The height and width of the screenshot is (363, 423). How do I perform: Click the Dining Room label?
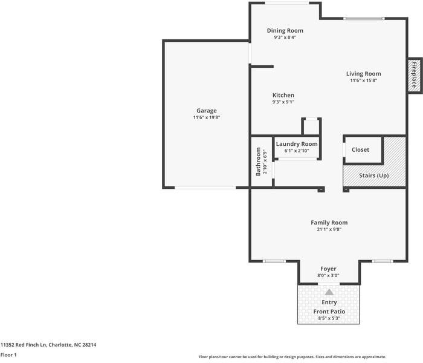click(x=285, y=30)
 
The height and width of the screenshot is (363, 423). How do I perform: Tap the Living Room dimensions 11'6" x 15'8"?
click(x=363, y=80)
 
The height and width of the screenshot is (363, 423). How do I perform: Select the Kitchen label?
click(x=283, y=95)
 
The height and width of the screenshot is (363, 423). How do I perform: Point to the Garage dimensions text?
click(x=207, y=117)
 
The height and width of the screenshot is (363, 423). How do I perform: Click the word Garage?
click(x=207, y=111)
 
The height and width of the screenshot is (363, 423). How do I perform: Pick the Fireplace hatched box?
click(x=415, y=76)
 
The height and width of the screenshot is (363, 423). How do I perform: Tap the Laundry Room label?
click(x=297, y=144)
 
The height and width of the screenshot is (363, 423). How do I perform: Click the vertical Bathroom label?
click(x=258, y=162)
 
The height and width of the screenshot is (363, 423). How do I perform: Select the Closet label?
click(x=360, y=149)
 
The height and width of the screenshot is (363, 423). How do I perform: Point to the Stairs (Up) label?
click(x=374, y=175)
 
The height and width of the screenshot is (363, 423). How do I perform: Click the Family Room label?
click(x=329, y=223)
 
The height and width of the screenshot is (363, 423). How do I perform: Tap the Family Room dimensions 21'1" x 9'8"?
click(x=329, y=229)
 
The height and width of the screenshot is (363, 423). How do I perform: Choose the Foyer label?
click(x=328, y=269)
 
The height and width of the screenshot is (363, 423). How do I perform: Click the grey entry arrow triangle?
click(x=329, y=292)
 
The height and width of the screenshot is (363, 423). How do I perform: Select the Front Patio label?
click(x=329, y=312)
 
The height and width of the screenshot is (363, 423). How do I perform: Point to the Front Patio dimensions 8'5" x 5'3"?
click(x=329, y=318)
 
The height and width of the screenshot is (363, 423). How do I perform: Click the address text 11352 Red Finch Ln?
click(x=24, y=345)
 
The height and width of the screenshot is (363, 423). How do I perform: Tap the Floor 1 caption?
click(x=8, y=355)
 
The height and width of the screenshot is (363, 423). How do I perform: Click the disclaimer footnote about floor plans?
click(x=292, y=357)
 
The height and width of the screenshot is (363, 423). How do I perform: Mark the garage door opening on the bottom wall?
click(x=205, y=188)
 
